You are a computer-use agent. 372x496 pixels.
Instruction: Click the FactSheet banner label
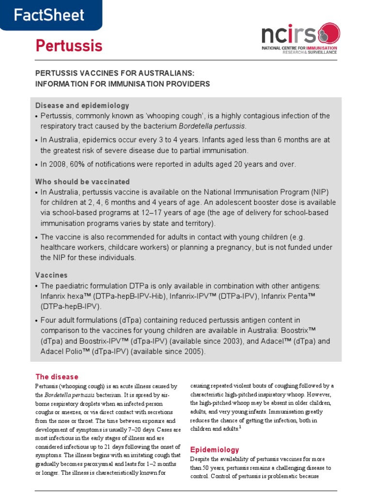(x=48, y=15)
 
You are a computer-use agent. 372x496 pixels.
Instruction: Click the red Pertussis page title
(x=69, y=46)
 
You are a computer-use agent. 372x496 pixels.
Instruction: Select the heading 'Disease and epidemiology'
(x=82, y=106)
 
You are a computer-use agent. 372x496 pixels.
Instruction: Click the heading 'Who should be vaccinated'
(x=82, y=182)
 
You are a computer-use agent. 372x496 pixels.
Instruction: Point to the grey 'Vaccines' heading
(x=51, y=275)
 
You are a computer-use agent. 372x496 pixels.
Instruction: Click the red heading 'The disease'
(x=57, y=377)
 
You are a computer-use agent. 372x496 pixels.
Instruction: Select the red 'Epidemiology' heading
(x=214, y=449)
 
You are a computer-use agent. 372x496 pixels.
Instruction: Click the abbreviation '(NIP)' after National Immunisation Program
(x=319, y=192)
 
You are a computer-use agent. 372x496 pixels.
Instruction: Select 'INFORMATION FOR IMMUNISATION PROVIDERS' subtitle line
(x=123, y=84)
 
